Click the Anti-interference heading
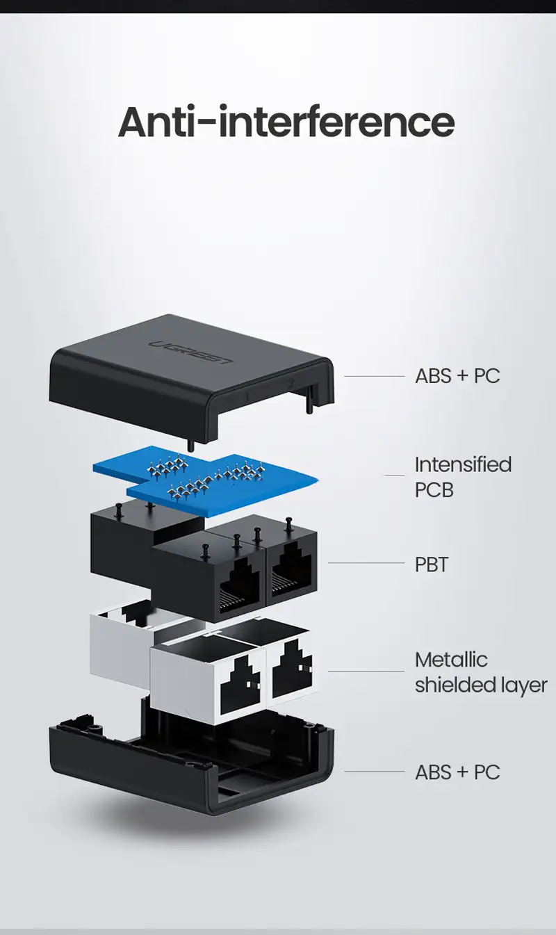[x=286, y=122]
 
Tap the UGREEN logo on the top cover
[x=190, y=352]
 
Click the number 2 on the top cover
[x=291, y=383]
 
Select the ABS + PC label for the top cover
[x=457, y=376]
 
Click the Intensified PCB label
[x=463, y=477]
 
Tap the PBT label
[x=431, y=564]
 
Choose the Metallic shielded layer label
[x=481, y=672]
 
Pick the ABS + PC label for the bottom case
[x=457, y=772]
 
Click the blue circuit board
[x=205, y=480]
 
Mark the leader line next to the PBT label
[x=366, y=562]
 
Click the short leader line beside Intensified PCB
[x=394, y=475]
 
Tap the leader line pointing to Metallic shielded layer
[x=366, y=672]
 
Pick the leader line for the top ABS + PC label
[x=374, y=377]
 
